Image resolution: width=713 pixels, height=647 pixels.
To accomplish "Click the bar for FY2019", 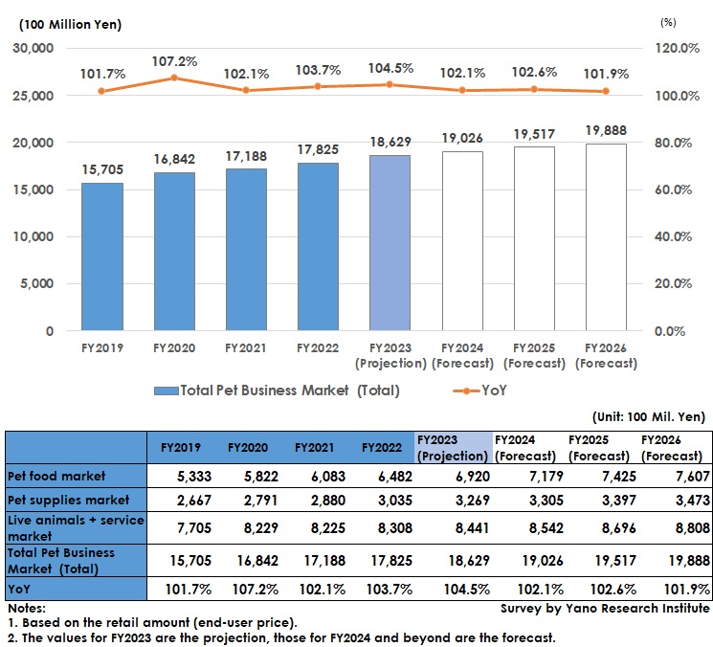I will click(x=101, y=257).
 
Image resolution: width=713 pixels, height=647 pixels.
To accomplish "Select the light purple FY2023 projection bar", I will click(x=390, y=243).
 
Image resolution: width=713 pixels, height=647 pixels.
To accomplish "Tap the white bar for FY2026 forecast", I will click(x=605, y=237).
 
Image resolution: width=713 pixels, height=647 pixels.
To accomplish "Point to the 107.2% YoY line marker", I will click(x=174, y=78).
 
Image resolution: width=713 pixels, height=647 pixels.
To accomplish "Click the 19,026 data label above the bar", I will click(x=461, y=138).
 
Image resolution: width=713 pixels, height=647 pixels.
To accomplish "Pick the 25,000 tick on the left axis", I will click(x=35, y=96).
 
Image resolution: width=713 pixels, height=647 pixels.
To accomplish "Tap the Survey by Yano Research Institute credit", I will click(x=605, y=608).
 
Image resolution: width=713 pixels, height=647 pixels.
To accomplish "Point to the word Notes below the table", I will click(x=26, y=608).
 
